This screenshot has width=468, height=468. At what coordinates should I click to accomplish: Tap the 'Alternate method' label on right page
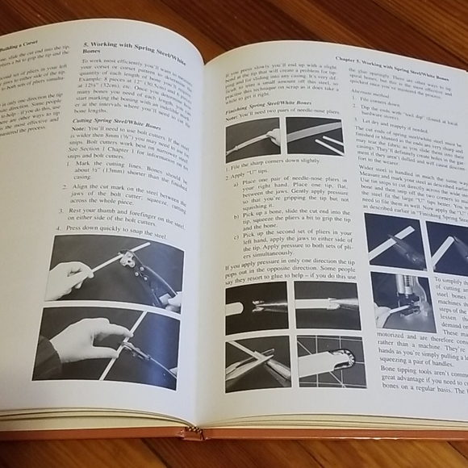tap(375, 93)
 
